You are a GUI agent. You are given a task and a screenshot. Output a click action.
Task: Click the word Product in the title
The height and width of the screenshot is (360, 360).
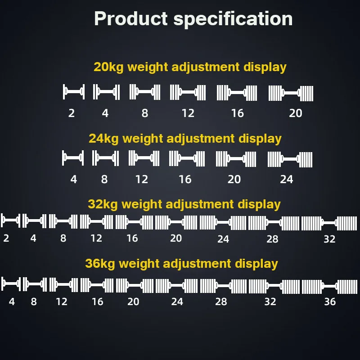click(x=130, y=19)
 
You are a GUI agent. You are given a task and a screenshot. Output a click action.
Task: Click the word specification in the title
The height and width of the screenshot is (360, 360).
click(x=233, y=19)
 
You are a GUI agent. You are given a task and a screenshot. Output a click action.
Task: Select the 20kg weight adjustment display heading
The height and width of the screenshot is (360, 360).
click(x=190, y=67)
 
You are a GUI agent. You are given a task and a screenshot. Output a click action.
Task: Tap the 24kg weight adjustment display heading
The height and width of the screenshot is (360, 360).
click(x=185, y=138)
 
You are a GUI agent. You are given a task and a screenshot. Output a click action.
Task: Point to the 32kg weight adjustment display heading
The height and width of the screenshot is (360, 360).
click(x=184, y=204)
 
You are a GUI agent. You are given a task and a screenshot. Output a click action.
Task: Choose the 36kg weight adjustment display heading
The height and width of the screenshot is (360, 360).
click(x=181, y=263)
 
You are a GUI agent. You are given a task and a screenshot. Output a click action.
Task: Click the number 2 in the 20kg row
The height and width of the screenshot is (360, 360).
click(x=72, y=113)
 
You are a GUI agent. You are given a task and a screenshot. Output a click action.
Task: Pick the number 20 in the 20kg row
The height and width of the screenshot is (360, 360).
click(x=295, y=113)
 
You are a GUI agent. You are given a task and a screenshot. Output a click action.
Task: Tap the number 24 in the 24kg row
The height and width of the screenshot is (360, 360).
click(x=286, y=180)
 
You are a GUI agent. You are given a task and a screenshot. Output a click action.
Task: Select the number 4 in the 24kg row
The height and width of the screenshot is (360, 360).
click(x=74, y=180)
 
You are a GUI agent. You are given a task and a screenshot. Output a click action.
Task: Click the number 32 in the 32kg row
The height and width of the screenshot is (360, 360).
click(x=329, y=239)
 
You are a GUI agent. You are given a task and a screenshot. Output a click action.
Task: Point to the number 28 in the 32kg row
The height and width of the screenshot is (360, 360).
click(x=272, y=239)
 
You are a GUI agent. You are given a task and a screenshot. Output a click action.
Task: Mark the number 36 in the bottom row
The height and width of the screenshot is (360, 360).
click(x=330, y=301)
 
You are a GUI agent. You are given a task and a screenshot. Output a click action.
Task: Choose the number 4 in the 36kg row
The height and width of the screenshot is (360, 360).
click(x=12, y=301)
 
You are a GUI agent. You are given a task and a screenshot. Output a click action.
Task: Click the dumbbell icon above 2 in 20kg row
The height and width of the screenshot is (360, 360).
click(x=73, y=92)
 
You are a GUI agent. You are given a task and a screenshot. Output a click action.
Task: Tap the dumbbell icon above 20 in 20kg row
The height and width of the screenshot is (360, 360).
click(x=291, y=93)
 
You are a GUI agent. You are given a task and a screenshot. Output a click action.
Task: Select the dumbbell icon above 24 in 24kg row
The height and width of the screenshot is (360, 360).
click(x=290, y=159)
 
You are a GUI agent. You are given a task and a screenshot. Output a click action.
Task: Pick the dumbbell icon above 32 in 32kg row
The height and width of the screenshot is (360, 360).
click(x=329, y=223)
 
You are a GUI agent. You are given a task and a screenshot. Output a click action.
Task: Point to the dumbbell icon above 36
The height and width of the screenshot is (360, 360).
click(x=329, y=287)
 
